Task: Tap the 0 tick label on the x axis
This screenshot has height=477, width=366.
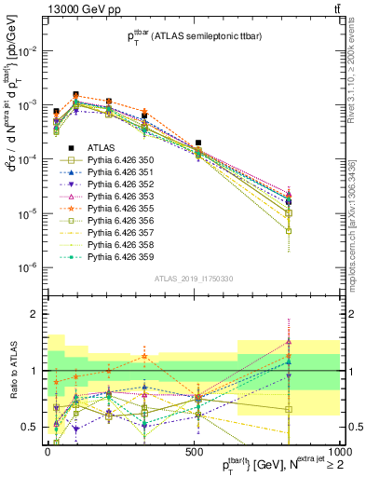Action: pos(47,456)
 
